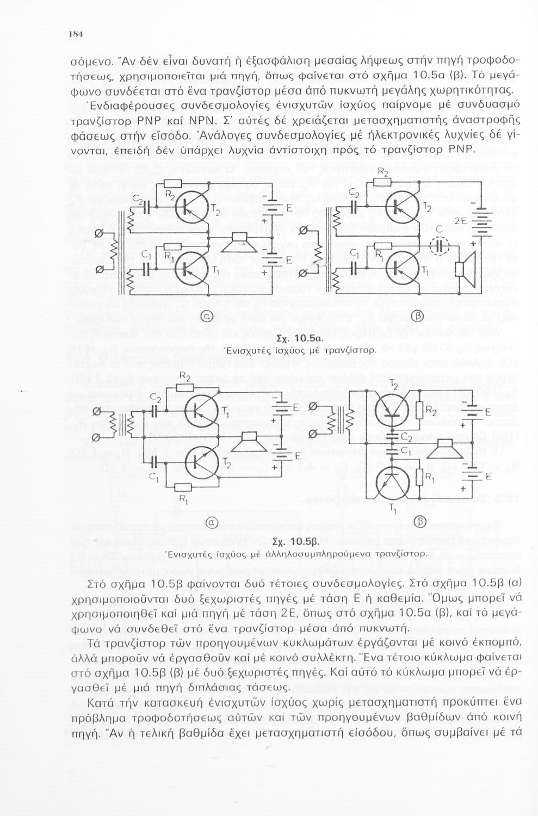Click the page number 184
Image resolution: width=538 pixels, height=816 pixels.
[75, 34]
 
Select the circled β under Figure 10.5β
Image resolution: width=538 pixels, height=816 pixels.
[419, 522]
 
